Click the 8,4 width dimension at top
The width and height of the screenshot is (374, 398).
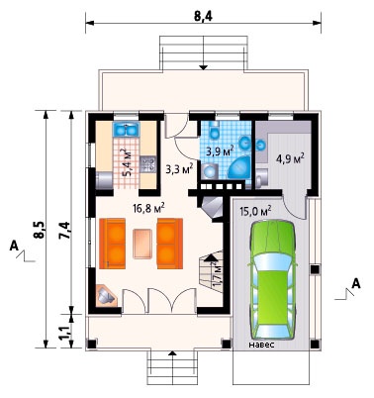pos(203,16)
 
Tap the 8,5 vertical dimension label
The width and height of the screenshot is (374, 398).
pos(39,230)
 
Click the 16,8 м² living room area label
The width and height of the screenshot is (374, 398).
pos(148,208)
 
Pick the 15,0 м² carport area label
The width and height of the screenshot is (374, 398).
pos(255,210)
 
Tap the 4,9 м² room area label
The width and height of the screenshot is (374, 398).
pos(290,158)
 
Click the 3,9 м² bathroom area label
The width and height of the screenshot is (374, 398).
pos(221,151)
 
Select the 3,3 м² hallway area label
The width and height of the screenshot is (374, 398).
pos(179,169)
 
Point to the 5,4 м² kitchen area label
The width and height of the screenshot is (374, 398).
pos(126,163)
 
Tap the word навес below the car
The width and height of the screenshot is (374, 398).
pos(261,346)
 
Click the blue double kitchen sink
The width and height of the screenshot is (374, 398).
pos(126,130)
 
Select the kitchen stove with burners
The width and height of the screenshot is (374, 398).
pos(147,164)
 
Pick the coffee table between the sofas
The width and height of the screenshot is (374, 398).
pos(143,244)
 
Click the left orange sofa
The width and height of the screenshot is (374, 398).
pos(112,244)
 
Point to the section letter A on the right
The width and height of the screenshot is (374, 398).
pos(356,283)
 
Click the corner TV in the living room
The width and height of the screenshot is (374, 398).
pos(106,296)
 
